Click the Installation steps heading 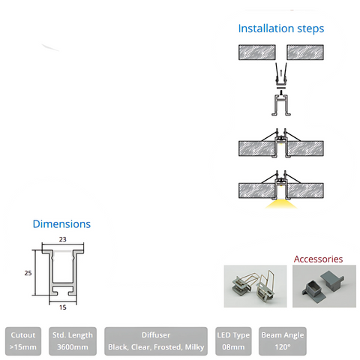pyautogui.click(x=281, y=28)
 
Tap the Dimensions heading pyautogui.click(x=61, y=224)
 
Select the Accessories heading pyautogui.click(x=318, y=259)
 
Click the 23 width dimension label pyautogui.click(x=63, y=239)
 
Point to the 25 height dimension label pyautogui.click(x=28, y=273)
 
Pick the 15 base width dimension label pyautogui.click(x=63, y=307)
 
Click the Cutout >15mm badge pyautogui.click(x=23, y=341)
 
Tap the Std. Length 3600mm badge pyautogui.click(x=73, y=341)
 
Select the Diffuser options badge pyautogui.click(x=156, y=341)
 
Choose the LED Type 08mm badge pyautogui.click(x=233, y=341)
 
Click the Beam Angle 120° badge pyautogui.click(x=283, y=341)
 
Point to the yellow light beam pyautogui.click(x=281, y=204)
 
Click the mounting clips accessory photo pyautogui.click(x=255, y=286)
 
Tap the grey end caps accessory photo pyautogui.click(x=324, y=286)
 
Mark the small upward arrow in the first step pyautogui.click(x=281, y=73)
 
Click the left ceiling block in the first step pyautogui.click(x=257, y=52)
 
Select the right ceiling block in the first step pyautogui.click(x=305, y=52)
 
